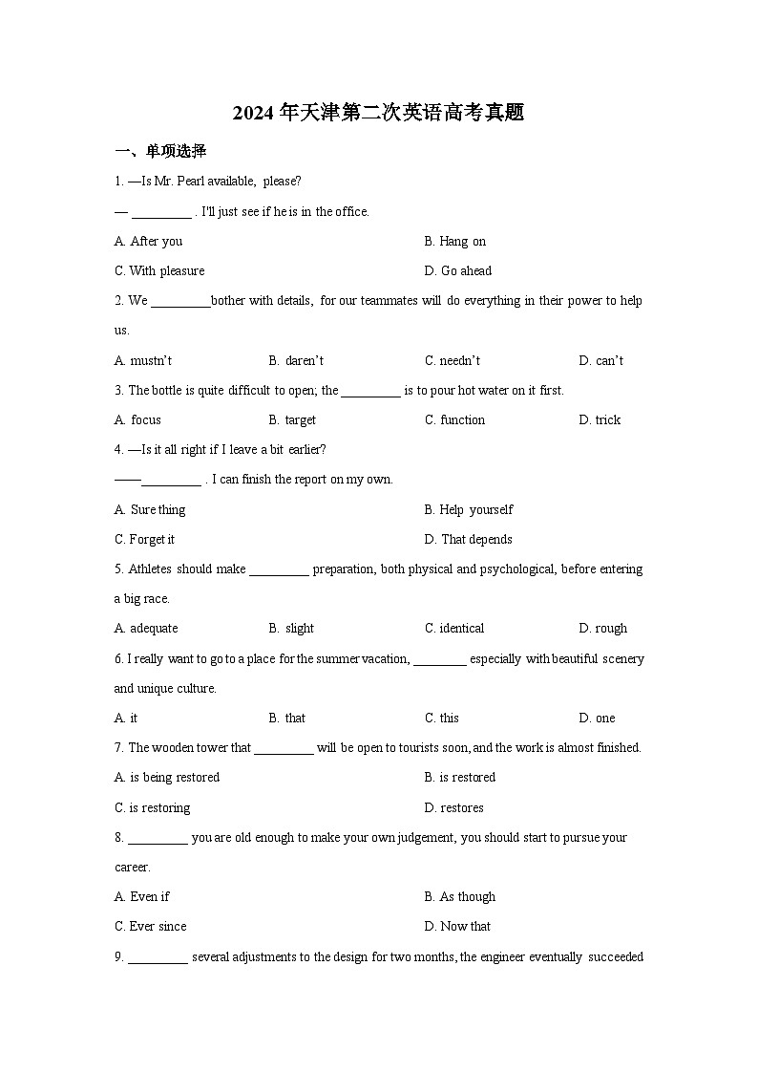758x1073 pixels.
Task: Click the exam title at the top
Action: tap(378, 114)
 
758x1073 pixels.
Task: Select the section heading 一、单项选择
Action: tap(160, 151)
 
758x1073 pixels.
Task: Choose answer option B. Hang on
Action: tap(455, 241)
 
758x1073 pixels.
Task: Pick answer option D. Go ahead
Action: tap(458, 270)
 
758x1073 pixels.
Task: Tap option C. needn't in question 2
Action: tap(453, 360)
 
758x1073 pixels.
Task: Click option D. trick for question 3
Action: tap(600, 419)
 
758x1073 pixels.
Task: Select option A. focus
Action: tap(137, 419)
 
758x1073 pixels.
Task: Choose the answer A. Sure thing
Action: tap(150, 509)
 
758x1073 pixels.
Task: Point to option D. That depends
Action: tap(468, 539)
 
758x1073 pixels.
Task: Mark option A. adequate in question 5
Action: tap(146, 628)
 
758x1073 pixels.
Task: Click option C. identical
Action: tap(454, 628)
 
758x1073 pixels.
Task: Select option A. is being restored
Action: tap(167, 777)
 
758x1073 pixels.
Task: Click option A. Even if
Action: tap(142, 896)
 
